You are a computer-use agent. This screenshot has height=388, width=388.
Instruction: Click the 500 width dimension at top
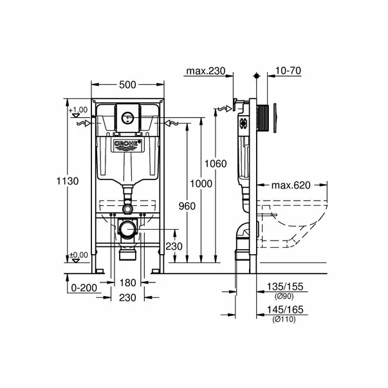pyautogui.click(x=126, y=84)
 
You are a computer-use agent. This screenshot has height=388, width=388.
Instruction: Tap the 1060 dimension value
pyautogui.click(x=216, y=164)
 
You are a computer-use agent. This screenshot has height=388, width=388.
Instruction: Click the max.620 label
pyautogui.click(x=290, y=185)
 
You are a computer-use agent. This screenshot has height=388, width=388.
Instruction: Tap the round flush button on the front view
pyautogui.click(x=127, y=118)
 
